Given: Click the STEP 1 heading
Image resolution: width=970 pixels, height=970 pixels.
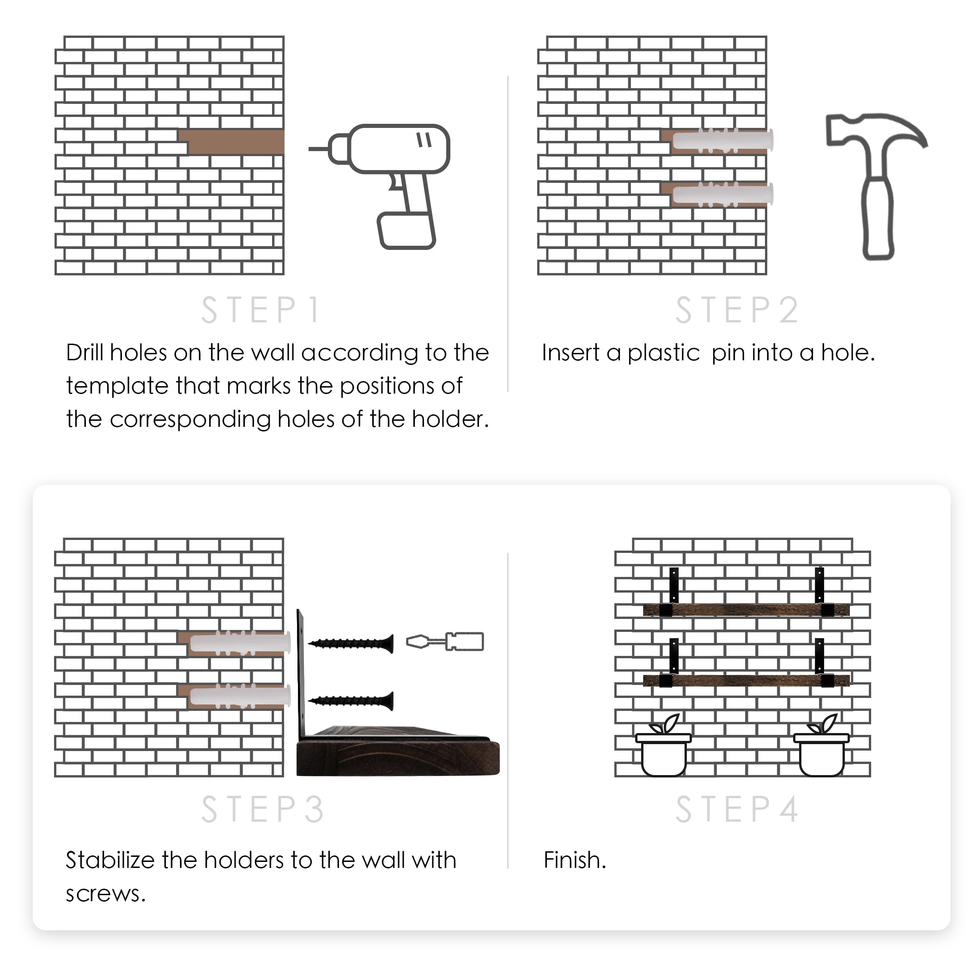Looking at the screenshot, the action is pos(260,310).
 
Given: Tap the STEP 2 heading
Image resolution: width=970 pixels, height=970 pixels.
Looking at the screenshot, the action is pos(737,310).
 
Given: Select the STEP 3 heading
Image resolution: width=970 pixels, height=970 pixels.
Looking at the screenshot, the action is pos(262,809).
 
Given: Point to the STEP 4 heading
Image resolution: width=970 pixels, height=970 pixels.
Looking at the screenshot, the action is pos(737,809).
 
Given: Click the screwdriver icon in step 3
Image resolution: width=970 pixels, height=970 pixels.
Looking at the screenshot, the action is pos(445,642).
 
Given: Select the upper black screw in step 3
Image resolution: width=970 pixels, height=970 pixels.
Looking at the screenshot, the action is pos(351,643).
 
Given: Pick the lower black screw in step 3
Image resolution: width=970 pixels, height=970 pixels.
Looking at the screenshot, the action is pos(351,700).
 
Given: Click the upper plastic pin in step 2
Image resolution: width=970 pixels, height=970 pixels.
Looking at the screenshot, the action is pos(723,140).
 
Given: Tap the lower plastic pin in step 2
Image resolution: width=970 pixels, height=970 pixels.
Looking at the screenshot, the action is pos(723,195).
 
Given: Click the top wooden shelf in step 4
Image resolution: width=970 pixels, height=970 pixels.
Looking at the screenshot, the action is pos(746,610).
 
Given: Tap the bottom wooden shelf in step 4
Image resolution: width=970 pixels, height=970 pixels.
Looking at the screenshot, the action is pos(746,680).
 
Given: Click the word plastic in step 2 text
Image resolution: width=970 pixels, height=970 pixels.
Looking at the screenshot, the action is pos(663,353).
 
